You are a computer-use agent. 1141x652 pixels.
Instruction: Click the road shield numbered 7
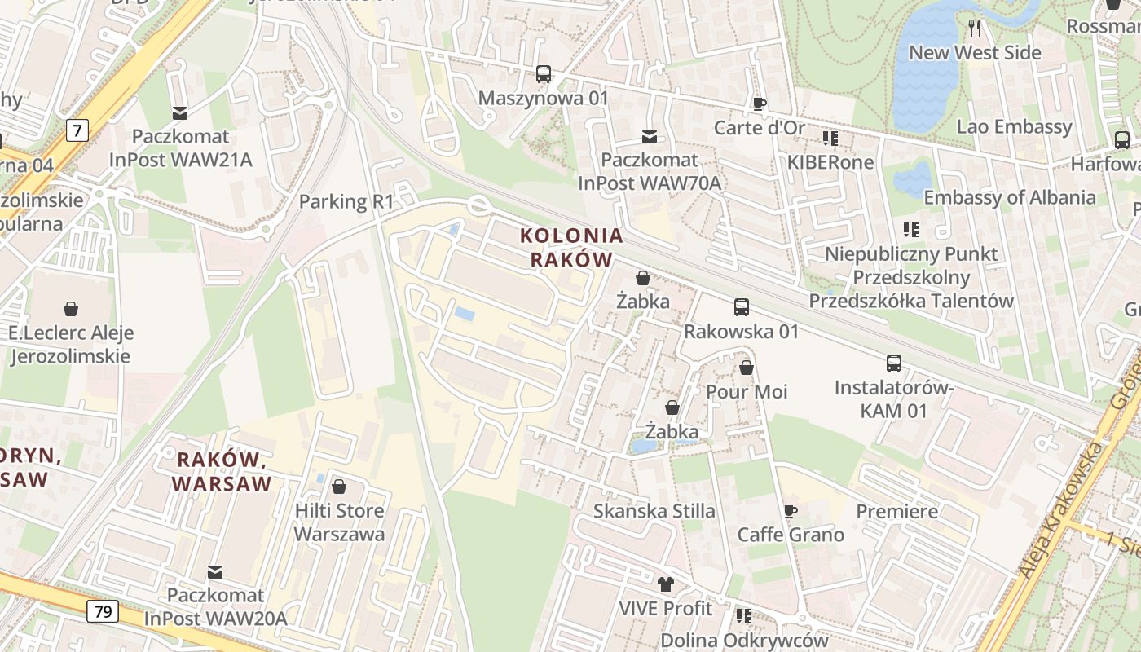tap(77, 130)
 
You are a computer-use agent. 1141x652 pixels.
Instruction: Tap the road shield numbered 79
tap(104, 610)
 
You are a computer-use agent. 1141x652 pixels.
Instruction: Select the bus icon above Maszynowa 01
tap(544, 74)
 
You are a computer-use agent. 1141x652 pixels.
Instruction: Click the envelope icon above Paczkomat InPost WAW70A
tap(650, 136)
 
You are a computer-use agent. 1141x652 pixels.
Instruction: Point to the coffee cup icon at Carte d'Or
tap(759, 104)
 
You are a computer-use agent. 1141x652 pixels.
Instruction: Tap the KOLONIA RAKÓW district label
tap(571, 248)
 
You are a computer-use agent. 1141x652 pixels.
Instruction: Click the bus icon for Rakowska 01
tap(742, 307)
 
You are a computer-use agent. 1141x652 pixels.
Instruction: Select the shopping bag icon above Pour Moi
tap(747, 368)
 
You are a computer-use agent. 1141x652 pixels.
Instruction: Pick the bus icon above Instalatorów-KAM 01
tap(894, 363)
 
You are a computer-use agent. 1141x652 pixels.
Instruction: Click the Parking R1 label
tap(346, 201)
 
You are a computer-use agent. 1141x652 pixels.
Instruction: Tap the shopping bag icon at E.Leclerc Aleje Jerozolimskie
tap(71, 309)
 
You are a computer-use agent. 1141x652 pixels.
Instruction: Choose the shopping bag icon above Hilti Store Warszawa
tap(339, 487)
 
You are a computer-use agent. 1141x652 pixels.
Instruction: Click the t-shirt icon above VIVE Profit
tap(666, 584)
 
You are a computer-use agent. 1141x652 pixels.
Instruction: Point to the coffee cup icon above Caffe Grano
tap(790, 511)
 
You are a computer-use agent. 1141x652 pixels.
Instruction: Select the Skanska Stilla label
tap(654, 511)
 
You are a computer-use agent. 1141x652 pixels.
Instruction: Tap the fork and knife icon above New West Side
tap(975, 29)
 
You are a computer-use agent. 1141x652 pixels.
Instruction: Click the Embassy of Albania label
tap(1009, 197)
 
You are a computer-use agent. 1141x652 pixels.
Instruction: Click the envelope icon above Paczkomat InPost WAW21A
tap(180, 112)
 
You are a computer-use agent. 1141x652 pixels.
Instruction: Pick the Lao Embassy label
tap(1014, 126)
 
